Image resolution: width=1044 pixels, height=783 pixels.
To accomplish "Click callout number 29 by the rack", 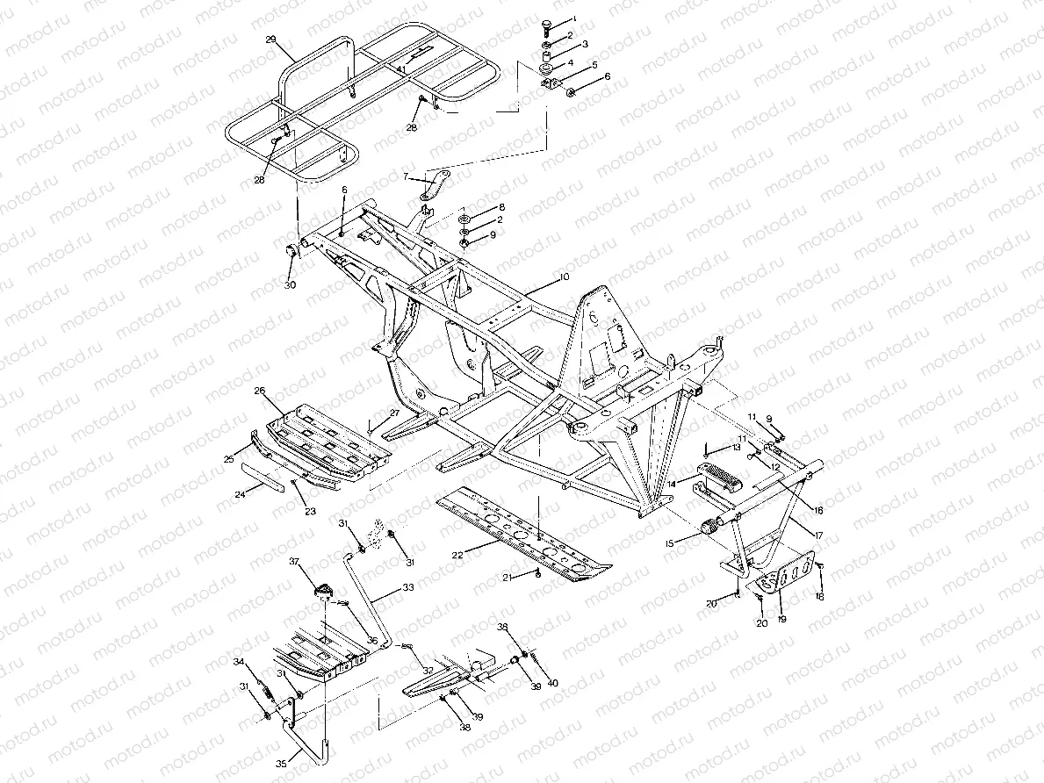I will pyautogui.click(x=270, y=40).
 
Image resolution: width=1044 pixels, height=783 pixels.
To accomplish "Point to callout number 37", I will pyautogui.click(x=296, y=561).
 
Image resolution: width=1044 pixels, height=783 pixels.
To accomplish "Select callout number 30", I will pyautogui.click(x=290, y=285).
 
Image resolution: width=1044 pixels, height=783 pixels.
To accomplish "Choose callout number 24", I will pyautogui.click(x=240, y=494).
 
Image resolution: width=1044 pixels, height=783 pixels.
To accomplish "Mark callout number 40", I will pyautogui.click(x=552, y=683).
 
